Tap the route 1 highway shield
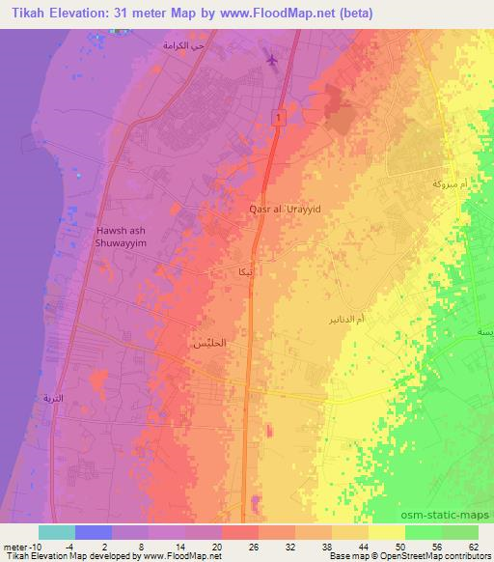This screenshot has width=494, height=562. [278, 117]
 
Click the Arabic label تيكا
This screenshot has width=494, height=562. [247, 271]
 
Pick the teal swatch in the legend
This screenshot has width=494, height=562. [57, 531]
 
